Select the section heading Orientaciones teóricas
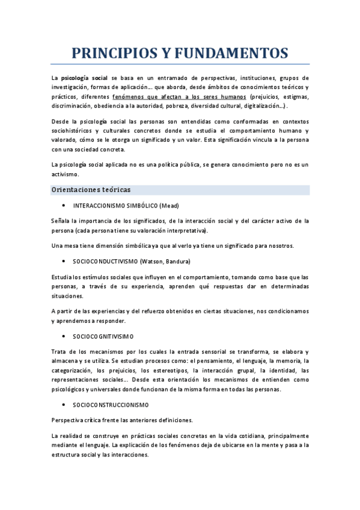pyautogui.click(x=91, y=190)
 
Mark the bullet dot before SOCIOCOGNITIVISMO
pyautogui.click(x=64, y=336)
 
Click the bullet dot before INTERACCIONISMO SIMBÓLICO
pyautogui.click(x=64, y=206)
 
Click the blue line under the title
pyautogui.click(x=180, y=64)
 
